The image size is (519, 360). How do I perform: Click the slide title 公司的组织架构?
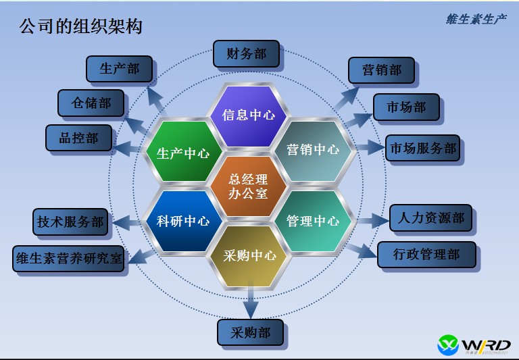point(80,27)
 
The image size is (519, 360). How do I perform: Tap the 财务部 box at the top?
point(246,54)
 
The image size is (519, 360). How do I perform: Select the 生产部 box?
point(119,70)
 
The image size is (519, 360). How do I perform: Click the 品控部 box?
point(78,138)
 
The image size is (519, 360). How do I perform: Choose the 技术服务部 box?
point(70,222)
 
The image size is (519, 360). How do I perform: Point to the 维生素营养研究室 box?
point(69,259)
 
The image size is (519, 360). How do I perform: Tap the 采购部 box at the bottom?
point(250,333)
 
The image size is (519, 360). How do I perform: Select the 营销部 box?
point(382,70)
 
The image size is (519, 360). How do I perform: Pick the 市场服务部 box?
point(422,149)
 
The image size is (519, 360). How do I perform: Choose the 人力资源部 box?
point(430,219)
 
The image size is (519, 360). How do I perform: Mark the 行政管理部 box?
point(426,255)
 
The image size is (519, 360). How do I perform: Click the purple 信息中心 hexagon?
point(249,115)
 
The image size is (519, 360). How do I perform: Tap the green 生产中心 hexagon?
point(183,153)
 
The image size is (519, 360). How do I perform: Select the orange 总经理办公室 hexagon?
point(249,186)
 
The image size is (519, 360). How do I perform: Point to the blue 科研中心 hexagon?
point(183,221)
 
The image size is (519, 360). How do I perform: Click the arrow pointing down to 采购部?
point(251,302)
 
